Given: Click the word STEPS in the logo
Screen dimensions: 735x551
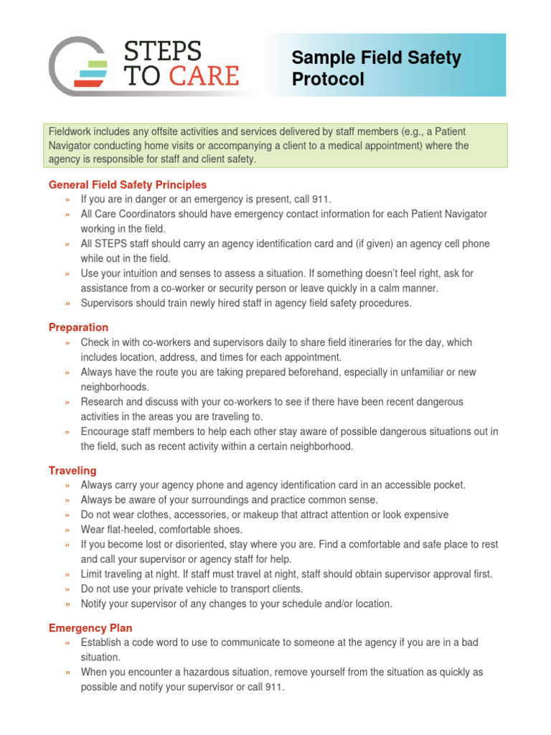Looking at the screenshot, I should click(x=164, y=52).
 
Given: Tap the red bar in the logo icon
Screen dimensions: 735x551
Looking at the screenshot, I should click(x=90, y=83).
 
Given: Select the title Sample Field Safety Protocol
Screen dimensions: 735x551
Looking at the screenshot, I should click(x=376, y=68).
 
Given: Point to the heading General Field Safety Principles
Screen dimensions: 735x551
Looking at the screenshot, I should click(x=128, y=184).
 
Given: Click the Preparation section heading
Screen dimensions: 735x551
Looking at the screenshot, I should click(x=79, y=327).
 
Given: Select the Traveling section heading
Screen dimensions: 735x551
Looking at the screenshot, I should click(x=72, y=470).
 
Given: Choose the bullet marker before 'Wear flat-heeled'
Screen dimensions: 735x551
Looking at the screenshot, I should click(x=67, y=530).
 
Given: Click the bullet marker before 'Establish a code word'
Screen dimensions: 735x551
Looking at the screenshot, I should click(x=67, y=642).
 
